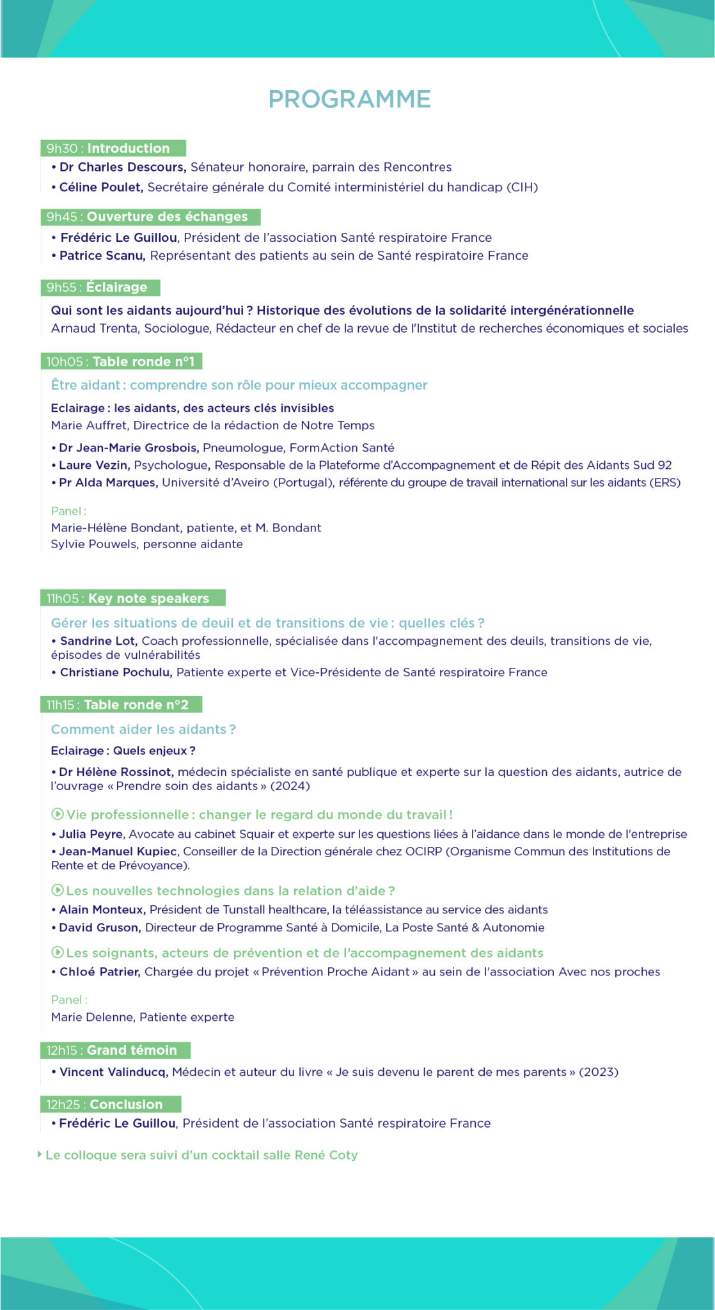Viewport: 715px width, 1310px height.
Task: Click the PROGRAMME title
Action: click(x=349, y=99)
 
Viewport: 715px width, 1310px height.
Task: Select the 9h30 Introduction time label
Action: click(x=113, y=148)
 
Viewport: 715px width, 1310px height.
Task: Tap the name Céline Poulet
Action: click(x=100, y=187)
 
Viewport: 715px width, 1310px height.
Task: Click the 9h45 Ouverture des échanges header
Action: click(x=150, y=217)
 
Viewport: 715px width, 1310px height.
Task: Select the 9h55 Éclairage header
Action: click(x=100, y=287)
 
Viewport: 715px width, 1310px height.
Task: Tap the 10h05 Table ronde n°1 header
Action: click(x=121, y=361)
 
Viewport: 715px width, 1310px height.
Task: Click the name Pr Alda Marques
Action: click(x=108, y=482)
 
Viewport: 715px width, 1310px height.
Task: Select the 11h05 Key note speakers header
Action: click(x=132, y=598)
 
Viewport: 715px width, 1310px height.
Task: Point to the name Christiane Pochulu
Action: click(x=116, y=672)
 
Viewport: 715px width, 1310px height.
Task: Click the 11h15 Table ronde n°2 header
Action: click(x=121, y=704)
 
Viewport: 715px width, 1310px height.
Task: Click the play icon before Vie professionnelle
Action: click(x=57, y=814)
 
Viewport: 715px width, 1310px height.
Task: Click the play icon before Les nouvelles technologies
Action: click(x=57, y=890)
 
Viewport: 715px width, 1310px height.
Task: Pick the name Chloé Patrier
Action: click(x=100, y=972)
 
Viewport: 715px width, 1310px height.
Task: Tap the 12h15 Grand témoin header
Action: click(x=115, y=1050)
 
